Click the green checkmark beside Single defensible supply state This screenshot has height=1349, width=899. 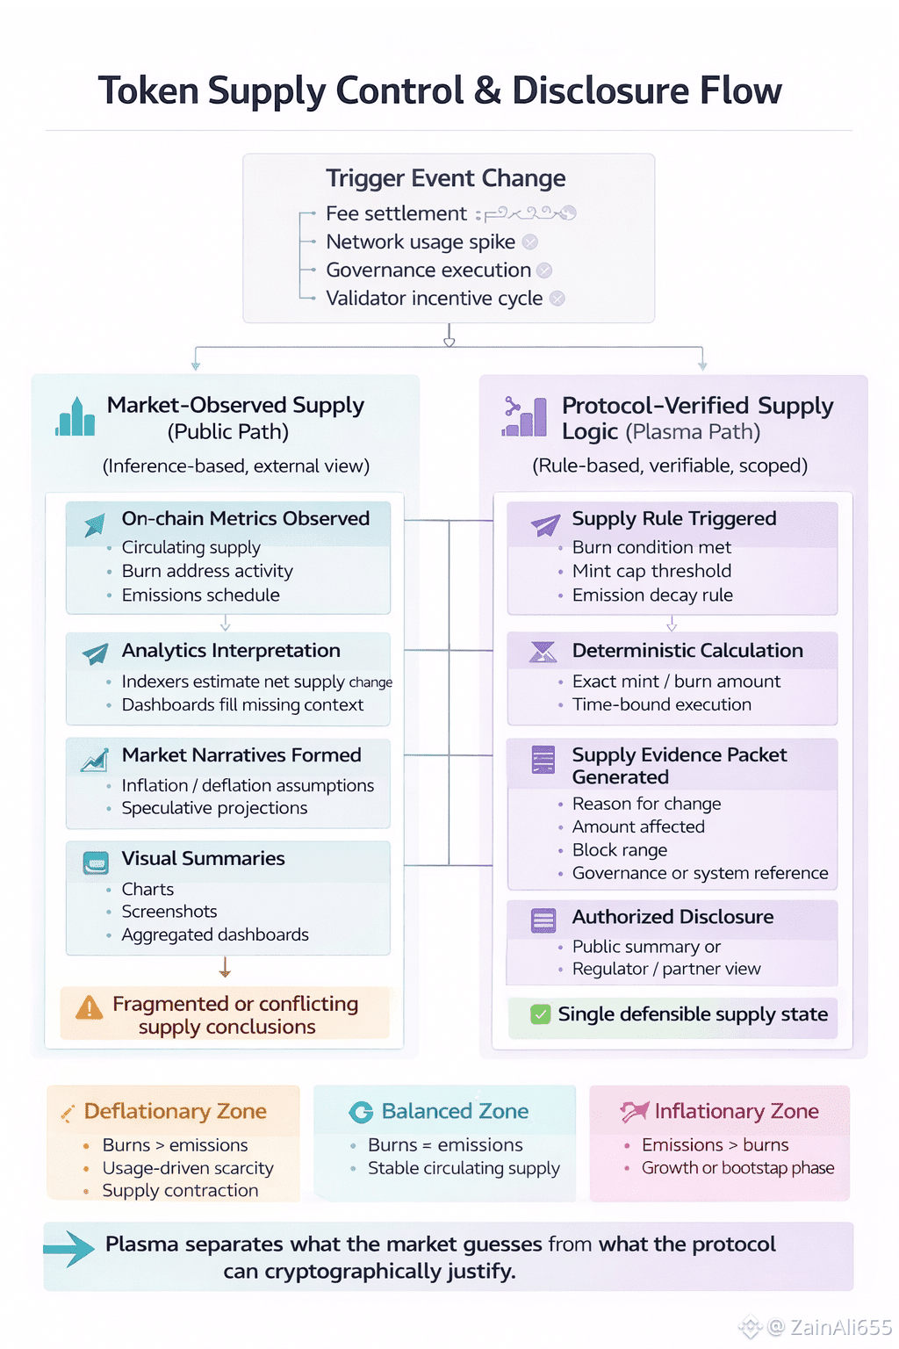pyautogui.click(x=540, y=1014)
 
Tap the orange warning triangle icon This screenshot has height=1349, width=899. pyautogui.click(x=89, y=1008)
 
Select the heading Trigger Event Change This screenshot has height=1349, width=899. pyautogui.click(x=445, y=178)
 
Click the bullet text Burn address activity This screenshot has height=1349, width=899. pyautogui.click(x=207, y=571)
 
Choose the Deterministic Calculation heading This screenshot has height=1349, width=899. pyautogui.click(x=687, y=651)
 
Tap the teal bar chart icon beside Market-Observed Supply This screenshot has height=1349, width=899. pyautogui.click(x=76, y=417)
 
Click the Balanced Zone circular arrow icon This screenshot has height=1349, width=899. pyautogui.click(x=361, y=1112)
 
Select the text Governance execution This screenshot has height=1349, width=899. pyautogui.click(x=428, y=271)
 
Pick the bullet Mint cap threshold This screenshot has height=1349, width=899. pyautogui.click(x=651, y=571)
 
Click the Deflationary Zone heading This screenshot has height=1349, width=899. pyautogui.click(x=175, y=1111)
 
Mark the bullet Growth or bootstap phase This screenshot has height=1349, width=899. pyautogui.click(x=737, y=1168)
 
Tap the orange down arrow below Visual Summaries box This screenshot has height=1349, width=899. pyautogui.click(x=225, y=968)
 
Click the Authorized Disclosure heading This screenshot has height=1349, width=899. pyautogui.click(x=672, y=917)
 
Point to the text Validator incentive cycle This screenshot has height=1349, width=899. pyautogui.click(x=434, y=299)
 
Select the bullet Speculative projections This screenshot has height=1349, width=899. pyautogui.click(x=214, y=808)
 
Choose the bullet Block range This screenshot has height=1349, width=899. pyautogui.click(x=619, y=850)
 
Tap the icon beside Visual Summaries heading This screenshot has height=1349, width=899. pyautogui.click(x=95, y=862)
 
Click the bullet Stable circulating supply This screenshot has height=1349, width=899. pyautogui.click(x=464, y=1168)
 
